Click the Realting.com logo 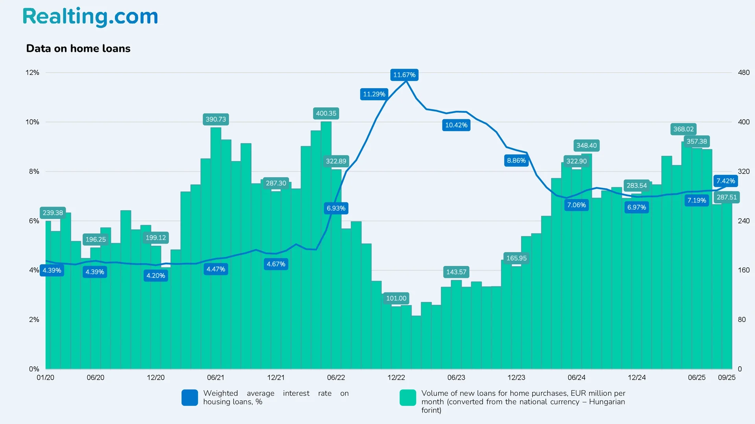click(x=90, y=17)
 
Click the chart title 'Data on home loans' click(x=78, y=48)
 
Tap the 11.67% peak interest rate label click(x=404, y=75)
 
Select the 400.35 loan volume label click(x=326, y=113)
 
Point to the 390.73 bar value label click(x=216, y=119)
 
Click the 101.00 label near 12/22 click(x=396, y=298)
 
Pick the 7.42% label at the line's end click(x=726, y=181)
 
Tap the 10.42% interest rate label click(x=456, y=125)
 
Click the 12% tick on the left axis click(x=32, y=73)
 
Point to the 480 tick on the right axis click(x=744, y=73)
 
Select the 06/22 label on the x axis click(x=336, y=378)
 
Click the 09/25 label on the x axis click(x=726, y=378)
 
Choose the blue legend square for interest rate click(x=190, y=398)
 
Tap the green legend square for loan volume click(x=408, y=398)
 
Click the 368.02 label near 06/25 click(x=683, y=129)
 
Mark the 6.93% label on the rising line click(x=336, y=208)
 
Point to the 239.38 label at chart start click(x=53, y=213)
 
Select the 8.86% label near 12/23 click(x=516, y=161)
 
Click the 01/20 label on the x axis click(x=46, y=378)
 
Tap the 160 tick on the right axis click(x=744, y=270)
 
